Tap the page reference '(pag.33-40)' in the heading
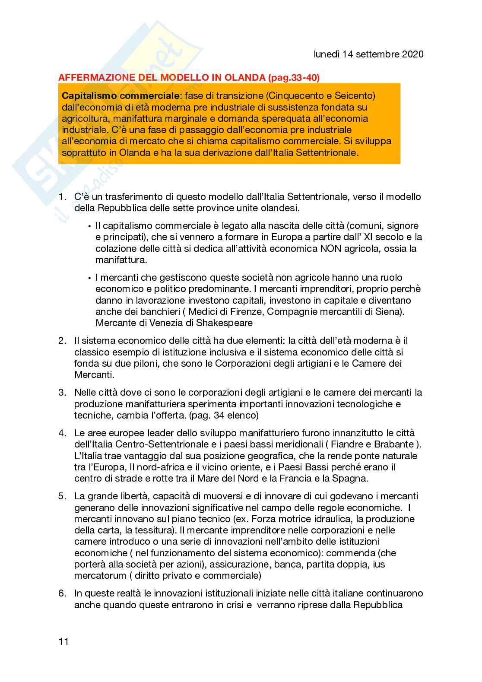pos(293,78)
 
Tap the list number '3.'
pos(63,393)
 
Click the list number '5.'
pos(63,496)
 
